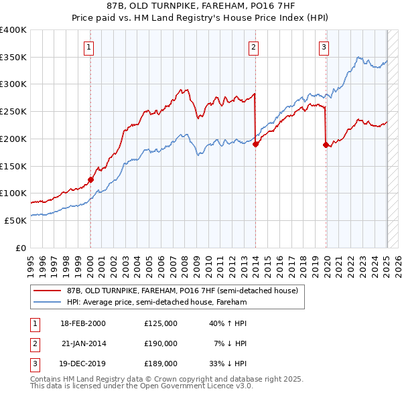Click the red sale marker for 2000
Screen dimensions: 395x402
point(90,179)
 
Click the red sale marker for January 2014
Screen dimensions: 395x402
point(255,144)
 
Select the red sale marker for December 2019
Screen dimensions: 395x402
point(326,145)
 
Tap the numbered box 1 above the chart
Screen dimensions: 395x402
point(89,47)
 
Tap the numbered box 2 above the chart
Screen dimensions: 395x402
point(254,47)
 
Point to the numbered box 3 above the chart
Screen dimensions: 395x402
point(324,47)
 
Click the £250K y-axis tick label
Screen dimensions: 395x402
point(13,112)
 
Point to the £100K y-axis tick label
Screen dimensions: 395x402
point(13,193)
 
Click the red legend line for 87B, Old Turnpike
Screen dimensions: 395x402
point(47,291)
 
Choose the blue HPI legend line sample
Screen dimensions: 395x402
point(47,303)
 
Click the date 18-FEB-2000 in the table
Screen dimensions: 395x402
point(83,323)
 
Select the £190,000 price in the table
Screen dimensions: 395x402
point(160,343)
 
